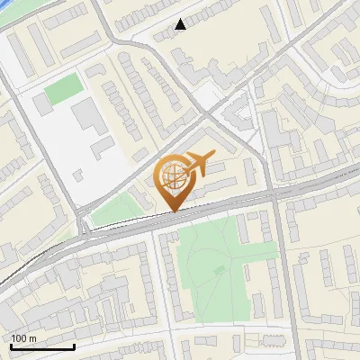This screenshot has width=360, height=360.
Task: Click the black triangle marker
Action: [181, 24]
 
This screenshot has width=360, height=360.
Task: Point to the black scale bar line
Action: [42, 346]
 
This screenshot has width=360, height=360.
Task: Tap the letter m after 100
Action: [33, 338]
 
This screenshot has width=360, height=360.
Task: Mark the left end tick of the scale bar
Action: [11, 345]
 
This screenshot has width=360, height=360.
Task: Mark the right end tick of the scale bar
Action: [74, 345]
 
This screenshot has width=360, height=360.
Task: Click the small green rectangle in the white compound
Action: [63, 88]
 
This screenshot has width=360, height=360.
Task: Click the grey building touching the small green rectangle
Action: [43, 104]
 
